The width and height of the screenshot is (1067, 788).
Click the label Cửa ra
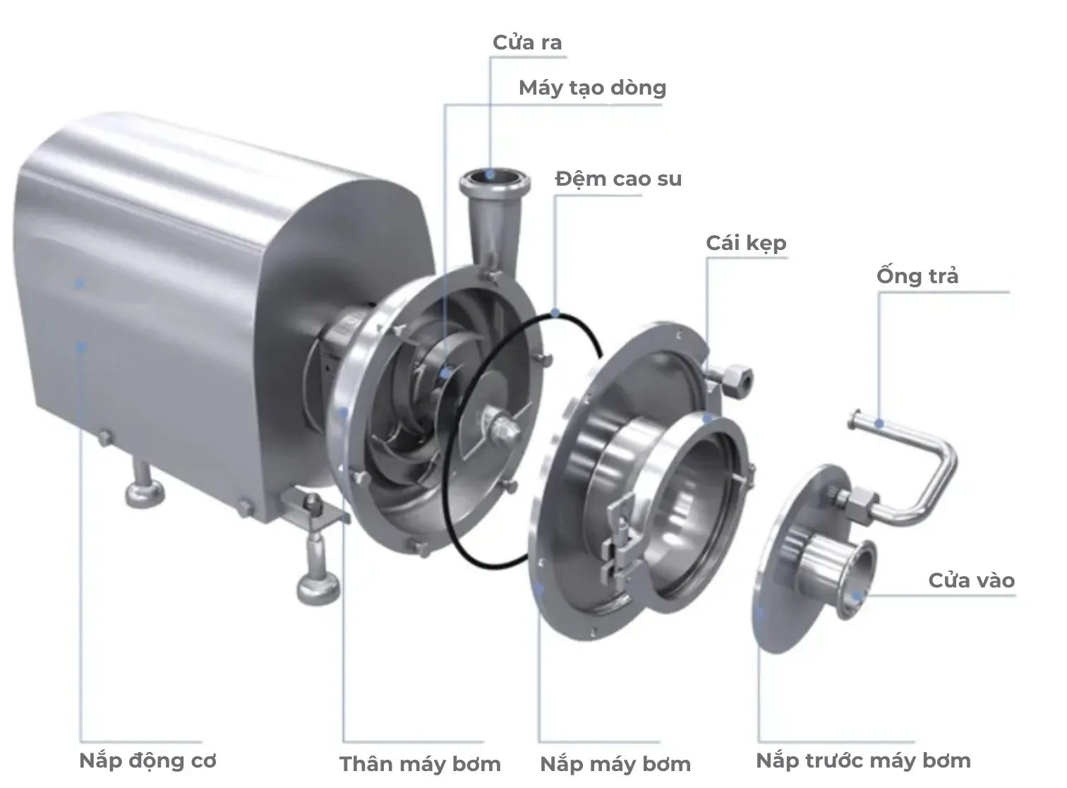(x=527, y=42)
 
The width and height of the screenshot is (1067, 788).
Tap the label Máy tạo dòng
(x=592, y=88)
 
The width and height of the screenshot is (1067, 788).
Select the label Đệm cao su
(x=618, y=179)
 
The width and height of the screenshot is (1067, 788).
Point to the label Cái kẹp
(x=746, y=243)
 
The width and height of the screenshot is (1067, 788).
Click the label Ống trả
(x=917, y=275)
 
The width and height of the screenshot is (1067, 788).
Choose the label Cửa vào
(x=971, y=580)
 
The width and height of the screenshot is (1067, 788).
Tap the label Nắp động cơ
(x=147, y=760)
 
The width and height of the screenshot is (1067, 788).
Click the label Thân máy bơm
(x=420, y=763)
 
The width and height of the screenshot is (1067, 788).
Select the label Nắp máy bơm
(x=615, y=763)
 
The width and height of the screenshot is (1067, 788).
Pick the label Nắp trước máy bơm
(x=863, y=760)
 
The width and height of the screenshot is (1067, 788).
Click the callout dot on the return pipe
(x=879, y=424)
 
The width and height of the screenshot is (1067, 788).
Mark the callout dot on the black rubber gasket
(x=556, y=313)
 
